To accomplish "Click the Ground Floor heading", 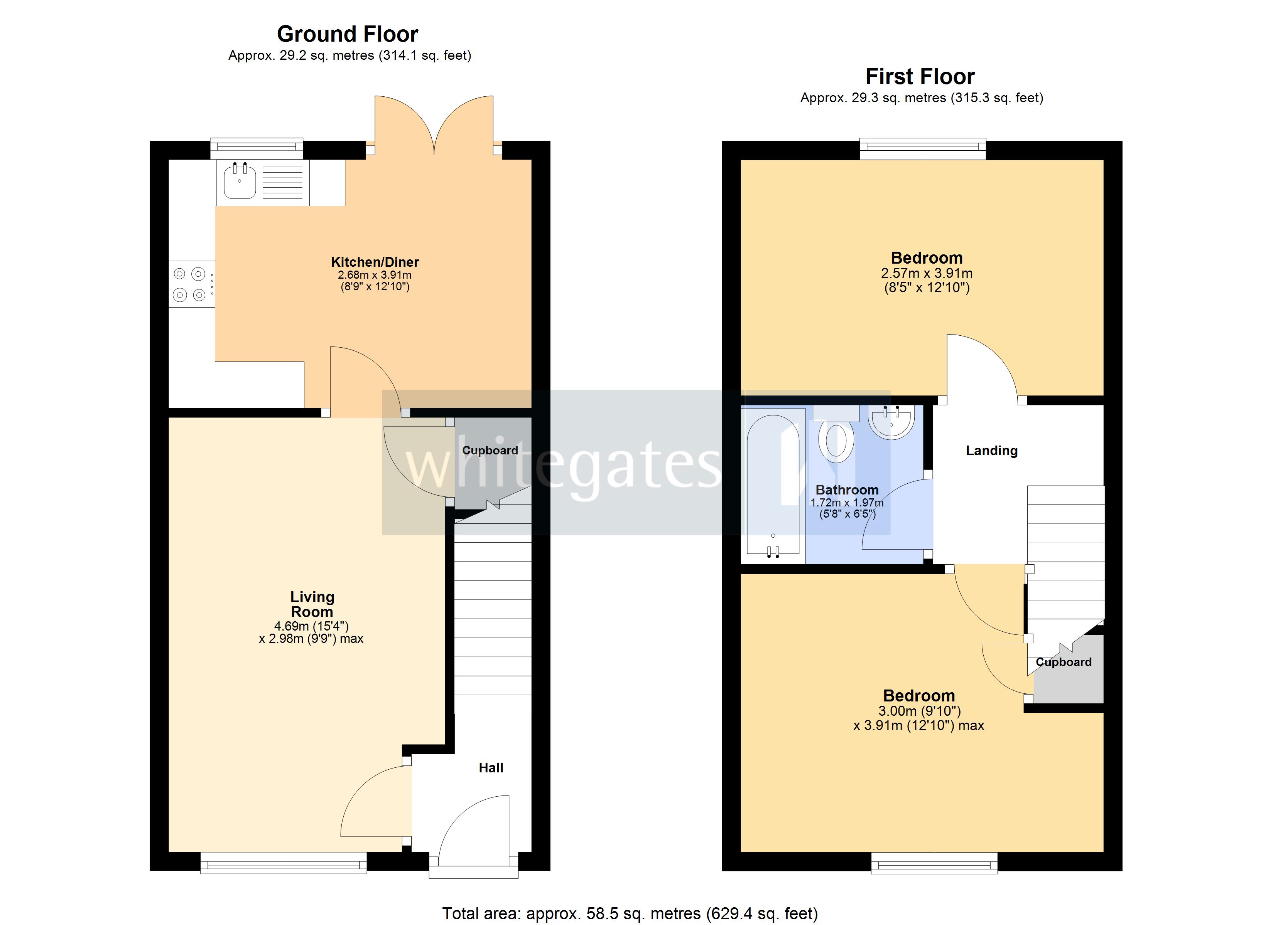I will pos(348,34).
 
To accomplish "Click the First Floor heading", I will pos(920,76).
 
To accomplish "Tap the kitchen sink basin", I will pos(240,181).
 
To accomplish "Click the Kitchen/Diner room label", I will pos(375,262).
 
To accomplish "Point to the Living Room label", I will pos(312,604).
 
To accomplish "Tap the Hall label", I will pos(491,768).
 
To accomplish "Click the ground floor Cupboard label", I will pos(490,451).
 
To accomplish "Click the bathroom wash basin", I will pos(891,422).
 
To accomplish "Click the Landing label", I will pos(991,451).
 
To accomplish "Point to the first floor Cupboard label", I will pos(1063,662).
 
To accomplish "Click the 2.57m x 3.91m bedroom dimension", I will pos(927,274).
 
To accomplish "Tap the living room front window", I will pos(284,863).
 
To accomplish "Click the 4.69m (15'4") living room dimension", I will pos(312,626).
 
